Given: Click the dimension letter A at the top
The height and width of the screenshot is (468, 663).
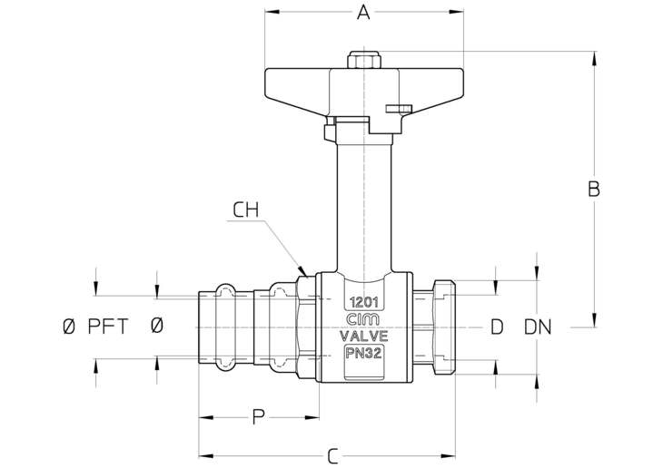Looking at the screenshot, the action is [363, 13].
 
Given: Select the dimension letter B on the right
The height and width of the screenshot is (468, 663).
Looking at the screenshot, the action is [594, 190].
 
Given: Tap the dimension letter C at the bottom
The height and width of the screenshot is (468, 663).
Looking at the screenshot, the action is [333, 456].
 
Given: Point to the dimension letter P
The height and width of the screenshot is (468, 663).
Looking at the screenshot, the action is [258, 417].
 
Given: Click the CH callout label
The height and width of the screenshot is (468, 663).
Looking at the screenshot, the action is [245, 210].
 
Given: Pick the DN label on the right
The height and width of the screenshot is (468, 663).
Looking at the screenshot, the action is [538, 327].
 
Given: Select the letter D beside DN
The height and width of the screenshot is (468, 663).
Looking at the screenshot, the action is [497, 327].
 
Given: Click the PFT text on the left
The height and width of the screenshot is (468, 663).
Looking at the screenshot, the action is [108, 327].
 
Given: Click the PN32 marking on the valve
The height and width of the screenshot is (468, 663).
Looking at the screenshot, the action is [364, 352].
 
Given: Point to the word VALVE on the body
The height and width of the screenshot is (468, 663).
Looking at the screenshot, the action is [364, 336].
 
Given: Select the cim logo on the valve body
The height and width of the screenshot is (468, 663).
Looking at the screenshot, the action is [362, 320].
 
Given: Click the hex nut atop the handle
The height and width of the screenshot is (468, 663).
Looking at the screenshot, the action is [363, 60].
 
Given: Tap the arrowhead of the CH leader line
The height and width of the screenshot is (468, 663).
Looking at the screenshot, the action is [302, 270].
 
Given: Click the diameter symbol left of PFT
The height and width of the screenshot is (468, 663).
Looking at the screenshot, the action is [69, 327].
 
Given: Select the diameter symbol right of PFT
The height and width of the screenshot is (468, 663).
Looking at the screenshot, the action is [156, 327].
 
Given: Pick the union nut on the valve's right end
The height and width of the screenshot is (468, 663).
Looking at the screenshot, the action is [443, 327].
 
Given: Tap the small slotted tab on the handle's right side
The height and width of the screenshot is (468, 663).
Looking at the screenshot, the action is [399, 109].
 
